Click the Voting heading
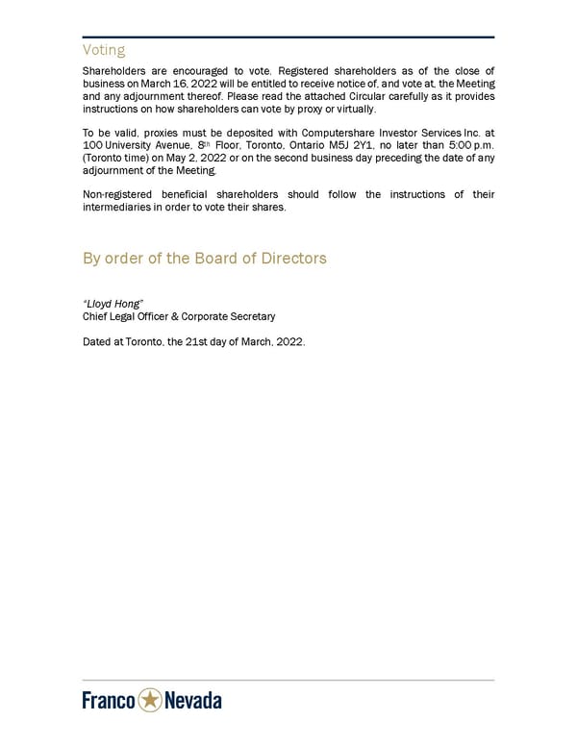tap(104, 50)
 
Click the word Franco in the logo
tap(109, 701)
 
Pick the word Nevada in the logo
tap(193, 701)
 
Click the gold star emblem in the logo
tap(150, 701)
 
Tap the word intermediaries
tap(119, 207)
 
